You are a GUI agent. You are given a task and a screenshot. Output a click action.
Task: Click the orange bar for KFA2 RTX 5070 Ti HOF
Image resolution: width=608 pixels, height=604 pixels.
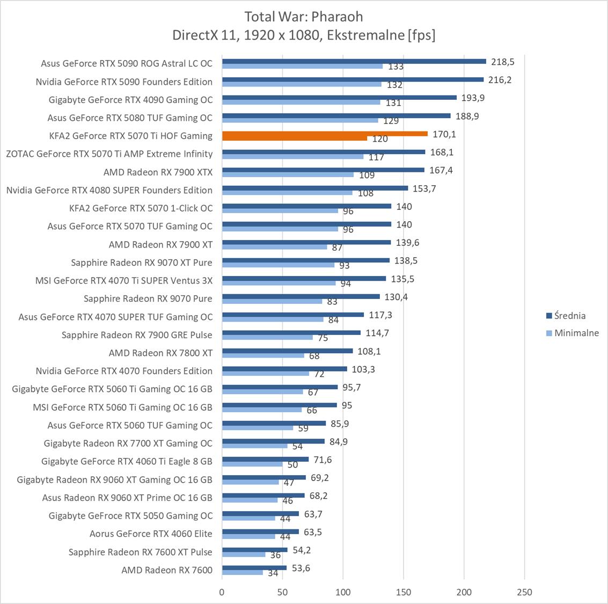325,134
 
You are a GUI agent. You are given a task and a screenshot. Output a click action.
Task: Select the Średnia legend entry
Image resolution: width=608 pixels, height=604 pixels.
569,316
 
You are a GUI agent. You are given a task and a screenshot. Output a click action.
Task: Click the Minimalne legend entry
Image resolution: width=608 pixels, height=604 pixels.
576,333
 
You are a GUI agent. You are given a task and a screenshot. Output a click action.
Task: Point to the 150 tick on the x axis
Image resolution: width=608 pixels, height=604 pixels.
404,592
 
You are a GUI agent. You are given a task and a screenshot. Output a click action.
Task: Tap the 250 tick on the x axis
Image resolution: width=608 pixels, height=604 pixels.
524,592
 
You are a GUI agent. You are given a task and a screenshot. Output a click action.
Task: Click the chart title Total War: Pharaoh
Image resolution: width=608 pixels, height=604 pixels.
304,17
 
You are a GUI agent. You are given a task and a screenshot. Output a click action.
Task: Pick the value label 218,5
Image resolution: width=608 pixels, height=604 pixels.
502,62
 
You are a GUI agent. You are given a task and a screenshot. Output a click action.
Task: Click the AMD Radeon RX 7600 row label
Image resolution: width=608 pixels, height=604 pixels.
167,570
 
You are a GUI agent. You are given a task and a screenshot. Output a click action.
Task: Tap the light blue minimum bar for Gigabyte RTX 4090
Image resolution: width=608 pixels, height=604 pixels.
301,102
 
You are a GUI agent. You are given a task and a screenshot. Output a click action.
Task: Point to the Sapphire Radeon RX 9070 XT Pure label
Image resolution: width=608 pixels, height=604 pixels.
142,262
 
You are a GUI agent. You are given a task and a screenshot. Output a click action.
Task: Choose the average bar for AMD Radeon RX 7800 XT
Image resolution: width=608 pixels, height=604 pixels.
287,351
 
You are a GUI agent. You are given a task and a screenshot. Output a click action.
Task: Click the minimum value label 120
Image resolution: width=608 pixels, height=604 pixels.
380,139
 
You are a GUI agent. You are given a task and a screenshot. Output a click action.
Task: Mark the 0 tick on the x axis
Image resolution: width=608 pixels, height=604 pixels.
222,592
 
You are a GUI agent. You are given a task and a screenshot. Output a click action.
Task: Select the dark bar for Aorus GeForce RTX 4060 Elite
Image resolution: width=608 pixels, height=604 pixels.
260,532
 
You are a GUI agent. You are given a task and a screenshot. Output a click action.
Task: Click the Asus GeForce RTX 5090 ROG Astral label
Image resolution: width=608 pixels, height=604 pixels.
127,63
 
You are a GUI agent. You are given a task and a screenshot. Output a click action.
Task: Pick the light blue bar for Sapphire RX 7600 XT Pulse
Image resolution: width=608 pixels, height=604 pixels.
244,555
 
